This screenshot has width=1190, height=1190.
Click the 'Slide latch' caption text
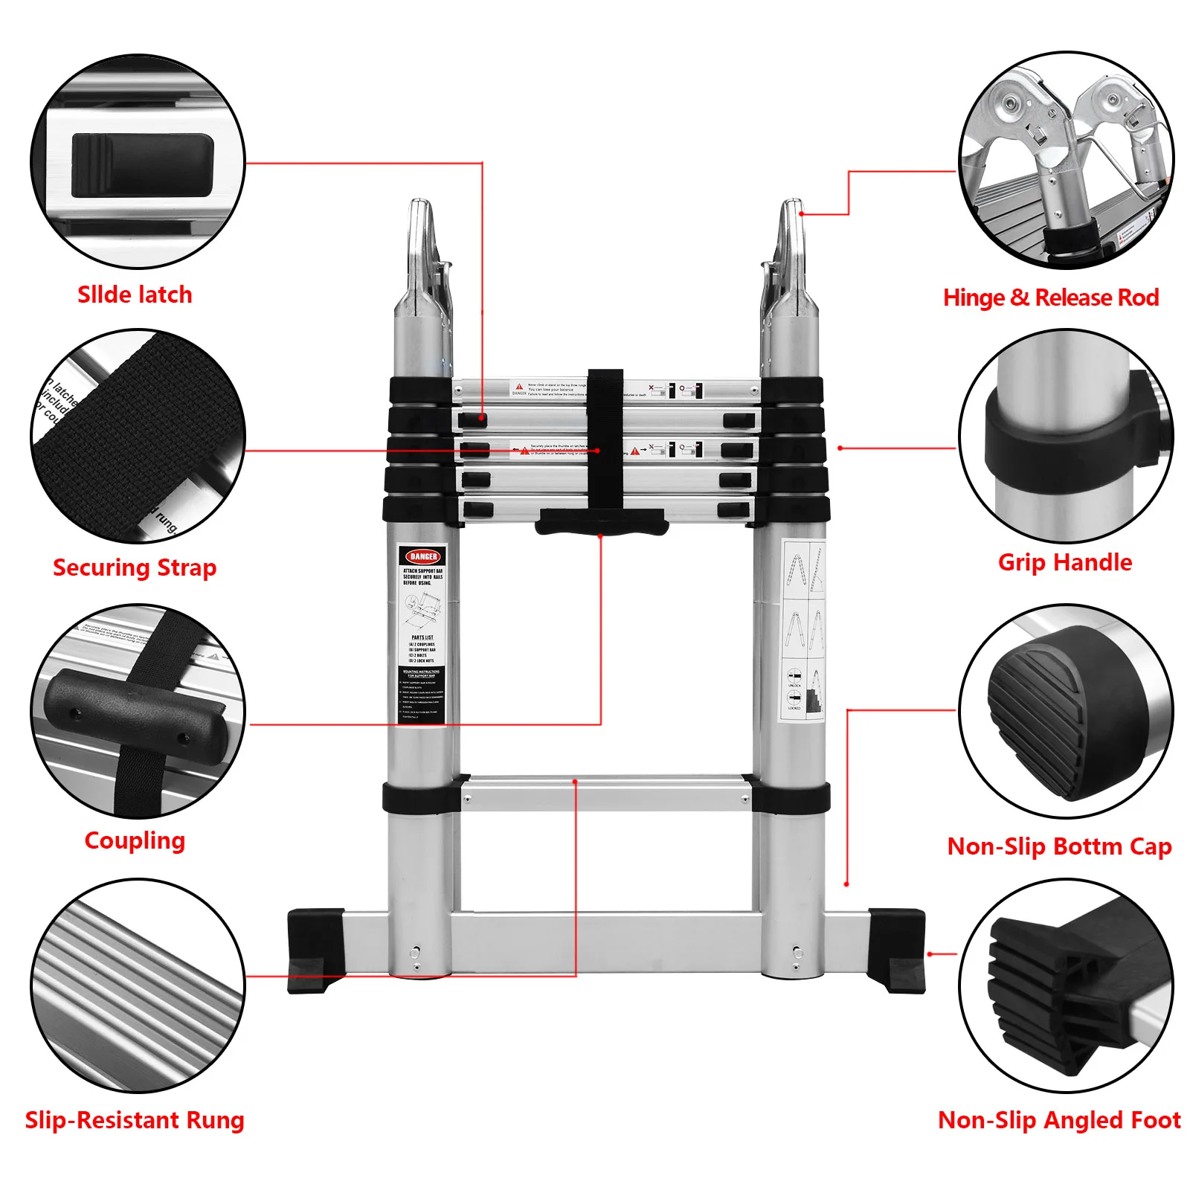(135, 295)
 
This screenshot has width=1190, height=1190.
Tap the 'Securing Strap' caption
(135, 567)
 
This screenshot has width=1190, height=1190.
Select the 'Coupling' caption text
(135, 840)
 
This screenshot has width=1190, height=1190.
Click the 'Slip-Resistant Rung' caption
(135, 1119)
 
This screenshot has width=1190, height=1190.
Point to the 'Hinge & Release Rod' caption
(1050, 297)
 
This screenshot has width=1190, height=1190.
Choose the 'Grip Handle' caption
(1064, 562)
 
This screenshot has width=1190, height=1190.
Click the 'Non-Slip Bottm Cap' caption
(1059, 846)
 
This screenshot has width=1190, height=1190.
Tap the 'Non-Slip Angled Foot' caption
(1059, 1119)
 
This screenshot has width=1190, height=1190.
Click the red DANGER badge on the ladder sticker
(423, 556)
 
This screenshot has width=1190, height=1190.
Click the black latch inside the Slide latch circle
(142, 166)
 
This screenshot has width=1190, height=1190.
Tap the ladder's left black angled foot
(315, 950)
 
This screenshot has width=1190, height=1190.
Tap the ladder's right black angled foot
(898, 950)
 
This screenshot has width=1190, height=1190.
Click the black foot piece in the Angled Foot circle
(1056, 982)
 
